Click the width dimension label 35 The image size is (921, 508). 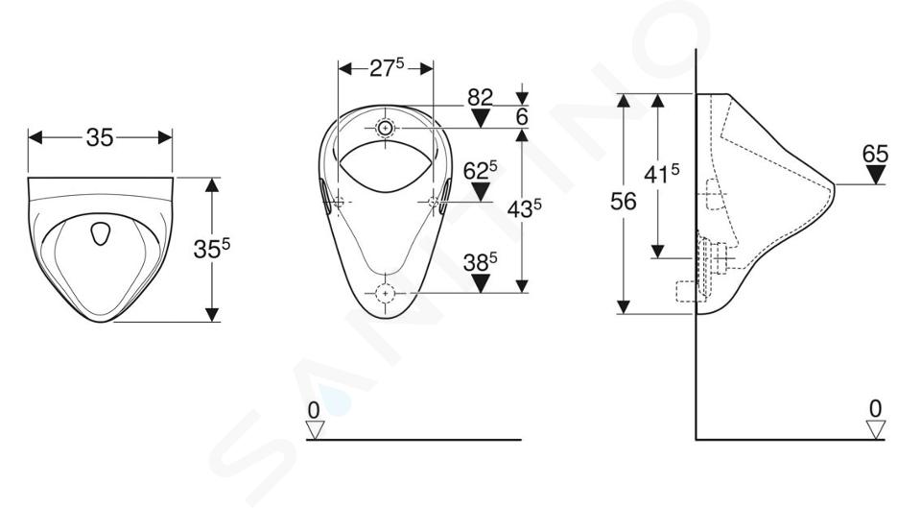[x=99, y=137]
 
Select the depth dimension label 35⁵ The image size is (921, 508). [x=211, y=249]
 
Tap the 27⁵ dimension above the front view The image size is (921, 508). [x=387, y=68]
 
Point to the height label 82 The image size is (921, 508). [x=480, y=97]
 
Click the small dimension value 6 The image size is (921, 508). [x=522, y=117]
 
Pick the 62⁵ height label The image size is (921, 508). [x=480, y=171]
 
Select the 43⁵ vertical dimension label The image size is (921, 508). [x=525, y=207]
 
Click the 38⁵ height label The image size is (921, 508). [x=480, y=262]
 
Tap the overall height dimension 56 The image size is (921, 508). [x=624, y=202]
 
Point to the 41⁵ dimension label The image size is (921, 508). [x=662, y=174]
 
